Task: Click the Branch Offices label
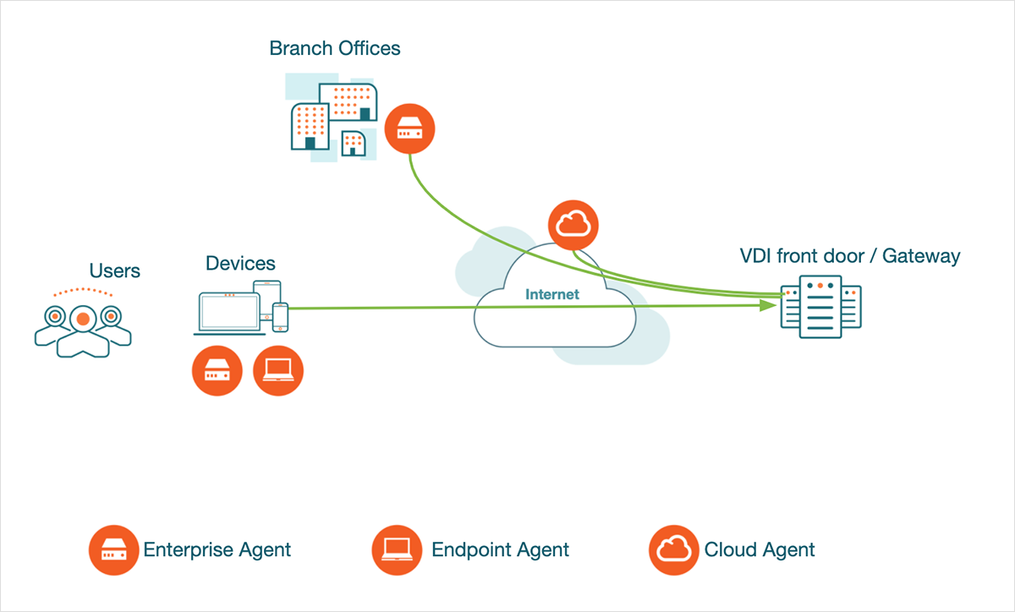pyautogui.click(x=335, y=48)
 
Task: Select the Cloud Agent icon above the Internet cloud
pyautogui.click(x=573, y=224)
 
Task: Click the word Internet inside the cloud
pyautogui.click(x=552, y=294)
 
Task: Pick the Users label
pyautogui.click(x=114, y=270)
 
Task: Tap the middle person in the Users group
pyautogui.click(x=82, y=326)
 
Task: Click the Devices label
pyautogui.click(x=240, y=263)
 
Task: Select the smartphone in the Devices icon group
pyautogui.click(x=280, y=316)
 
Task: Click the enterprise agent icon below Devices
pyautogui.click(x=217, y=369)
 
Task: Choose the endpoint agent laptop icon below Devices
pyautogui.click(x=277, y=369)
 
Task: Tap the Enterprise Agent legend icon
pyautogui.click(x=114, y=550)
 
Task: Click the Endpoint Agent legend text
pyautogui.click(x=500, y=550)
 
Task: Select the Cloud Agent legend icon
pyautogui.click(x=674, y=550)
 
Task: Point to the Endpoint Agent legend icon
pyautogui.click(x=397, y=550)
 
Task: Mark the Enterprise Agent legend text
pyautogui.click(x=217, y=550)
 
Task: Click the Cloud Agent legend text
pyautogui.click(x=760, y=550)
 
